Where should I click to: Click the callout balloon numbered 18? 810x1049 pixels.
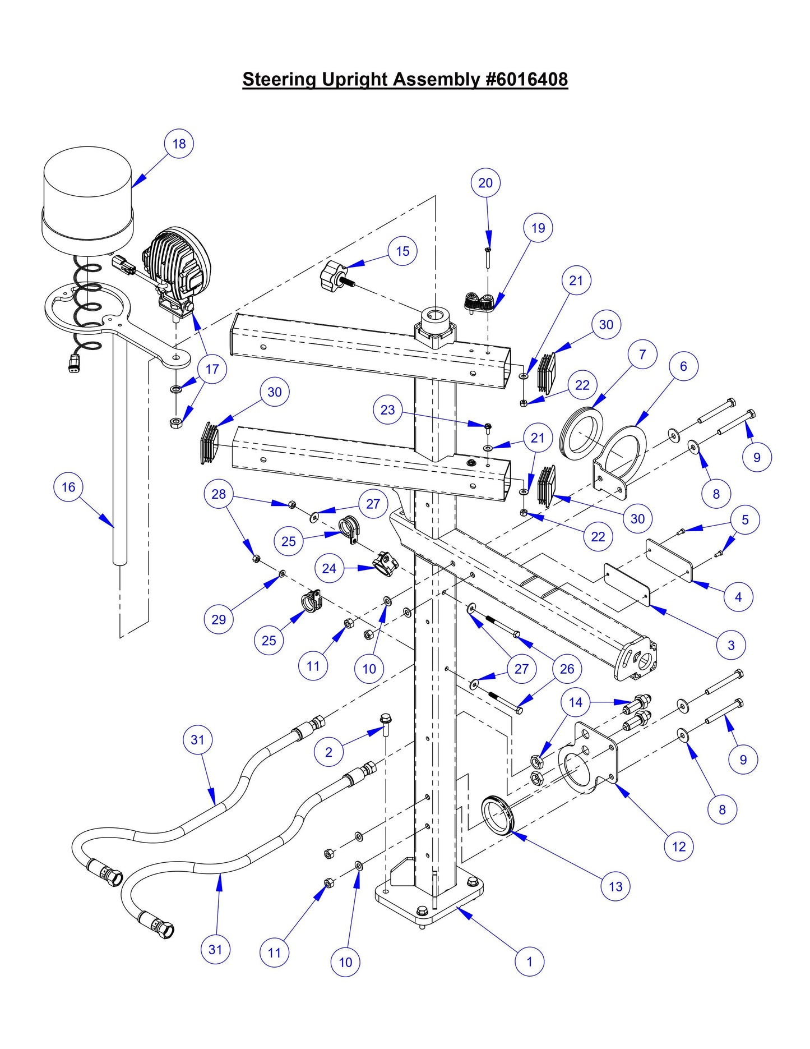pos(179,144)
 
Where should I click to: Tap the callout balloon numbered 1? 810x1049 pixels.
pos(529,961)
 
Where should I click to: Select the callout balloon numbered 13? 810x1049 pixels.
pos(615,886)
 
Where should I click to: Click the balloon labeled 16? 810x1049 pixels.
pos(68,487)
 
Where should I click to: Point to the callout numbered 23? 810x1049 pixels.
pos(388,410)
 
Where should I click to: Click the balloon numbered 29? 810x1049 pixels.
pos(219,619)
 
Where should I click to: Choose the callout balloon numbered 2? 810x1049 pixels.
pos(328,752)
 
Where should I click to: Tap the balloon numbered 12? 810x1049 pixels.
pos(679,846)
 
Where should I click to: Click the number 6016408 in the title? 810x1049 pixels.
pos(527,79)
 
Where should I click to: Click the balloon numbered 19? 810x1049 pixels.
pos(538,228)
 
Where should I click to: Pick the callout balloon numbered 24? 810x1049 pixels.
pos(329,568)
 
